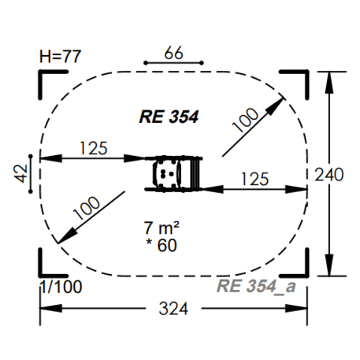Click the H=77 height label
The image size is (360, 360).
pos(60,56)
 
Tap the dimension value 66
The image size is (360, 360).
pos(173,53)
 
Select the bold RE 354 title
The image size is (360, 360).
pos(169,117)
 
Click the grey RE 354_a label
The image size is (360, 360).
pos(256,286)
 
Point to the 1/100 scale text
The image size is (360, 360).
pos(61,287)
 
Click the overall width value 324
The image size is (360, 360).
pos(173,309)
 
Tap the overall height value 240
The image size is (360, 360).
pos(329,175)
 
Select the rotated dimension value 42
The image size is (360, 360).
pos(21,173)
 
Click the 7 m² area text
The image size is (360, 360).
pos(161,228)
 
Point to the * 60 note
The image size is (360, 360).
pos(161,245)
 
